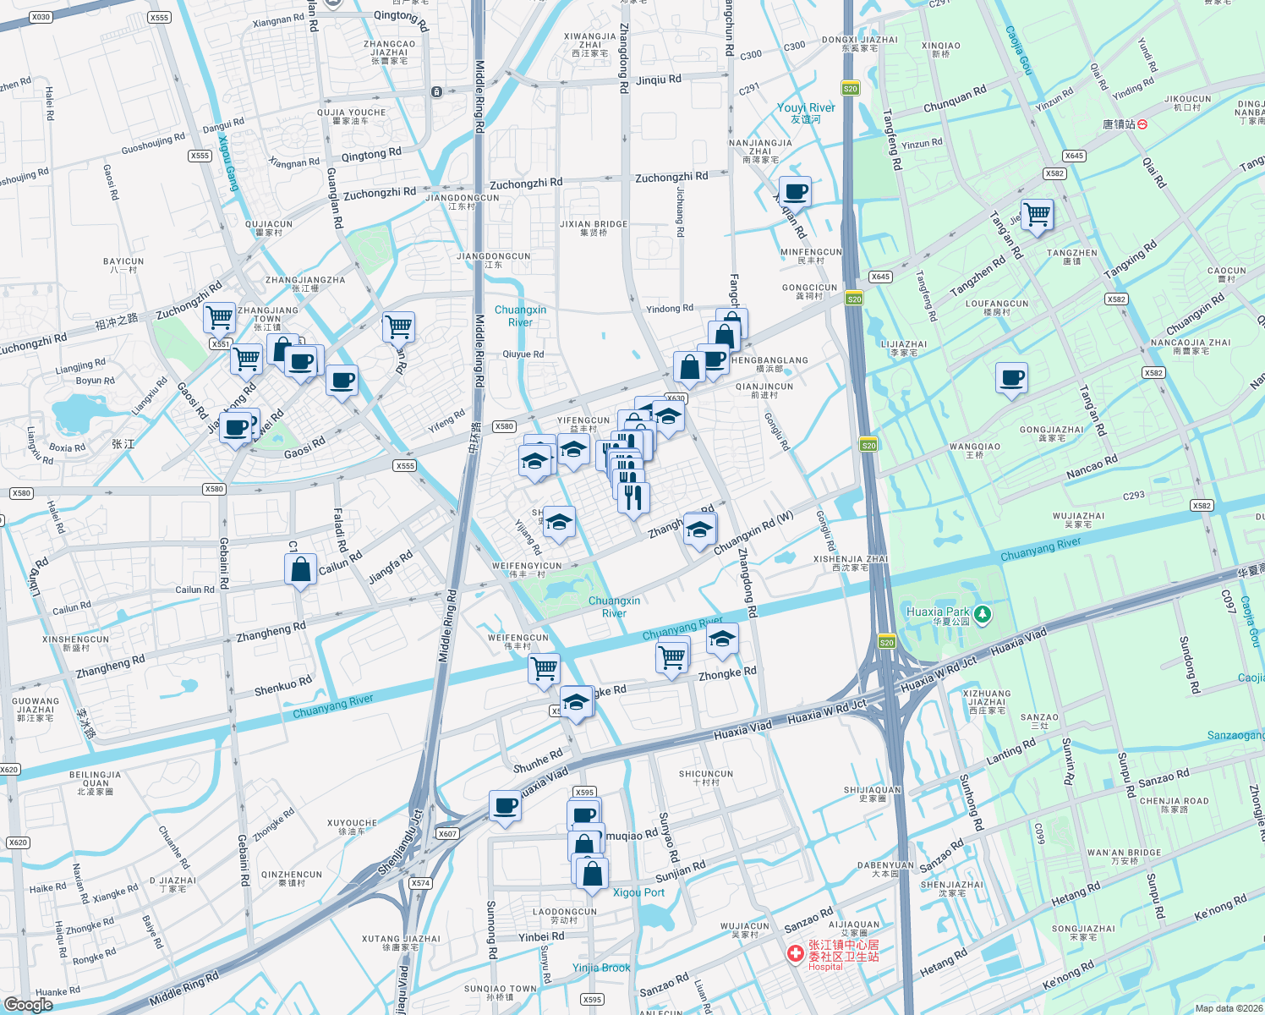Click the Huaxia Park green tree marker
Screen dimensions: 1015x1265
click(x=983, y=614)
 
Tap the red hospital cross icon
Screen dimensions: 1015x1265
click(x=795, y=954)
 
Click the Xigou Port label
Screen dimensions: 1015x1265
click(x=638, y=892)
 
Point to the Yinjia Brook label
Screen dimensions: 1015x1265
click(x=601, y=968)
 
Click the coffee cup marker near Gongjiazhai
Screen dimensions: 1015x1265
click(x=1011, y=377)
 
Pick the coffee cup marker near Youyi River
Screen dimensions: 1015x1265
click(x=794, y=191)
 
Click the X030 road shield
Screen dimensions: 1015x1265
click(x=41, y=17)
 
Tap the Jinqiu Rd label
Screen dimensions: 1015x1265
click(x=658, y=80)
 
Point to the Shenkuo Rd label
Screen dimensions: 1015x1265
click(x=283, y=686)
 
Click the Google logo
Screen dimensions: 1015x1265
click(x=28, y=1004)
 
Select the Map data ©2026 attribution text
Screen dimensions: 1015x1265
click(x=1227, y=1008)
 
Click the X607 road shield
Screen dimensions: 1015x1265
click(x=447, y=834)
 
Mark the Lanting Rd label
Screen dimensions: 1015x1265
click(x=1010, y=751)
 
